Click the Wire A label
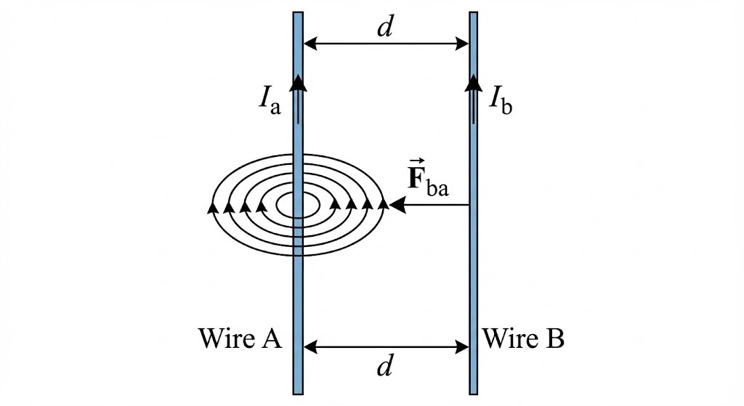coord(239,338)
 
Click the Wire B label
coord(523,338)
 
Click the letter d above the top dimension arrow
coord(385,28)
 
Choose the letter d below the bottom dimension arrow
coord(385,368)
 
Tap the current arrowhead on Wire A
coord(297,81)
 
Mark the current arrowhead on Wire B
coord(473,81)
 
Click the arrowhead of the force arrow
coord(397,206)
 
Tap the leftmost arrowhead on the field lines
coord(213,208)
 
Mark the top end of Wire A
coord(298,14)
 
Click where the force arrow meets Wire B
coord(470,206)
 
